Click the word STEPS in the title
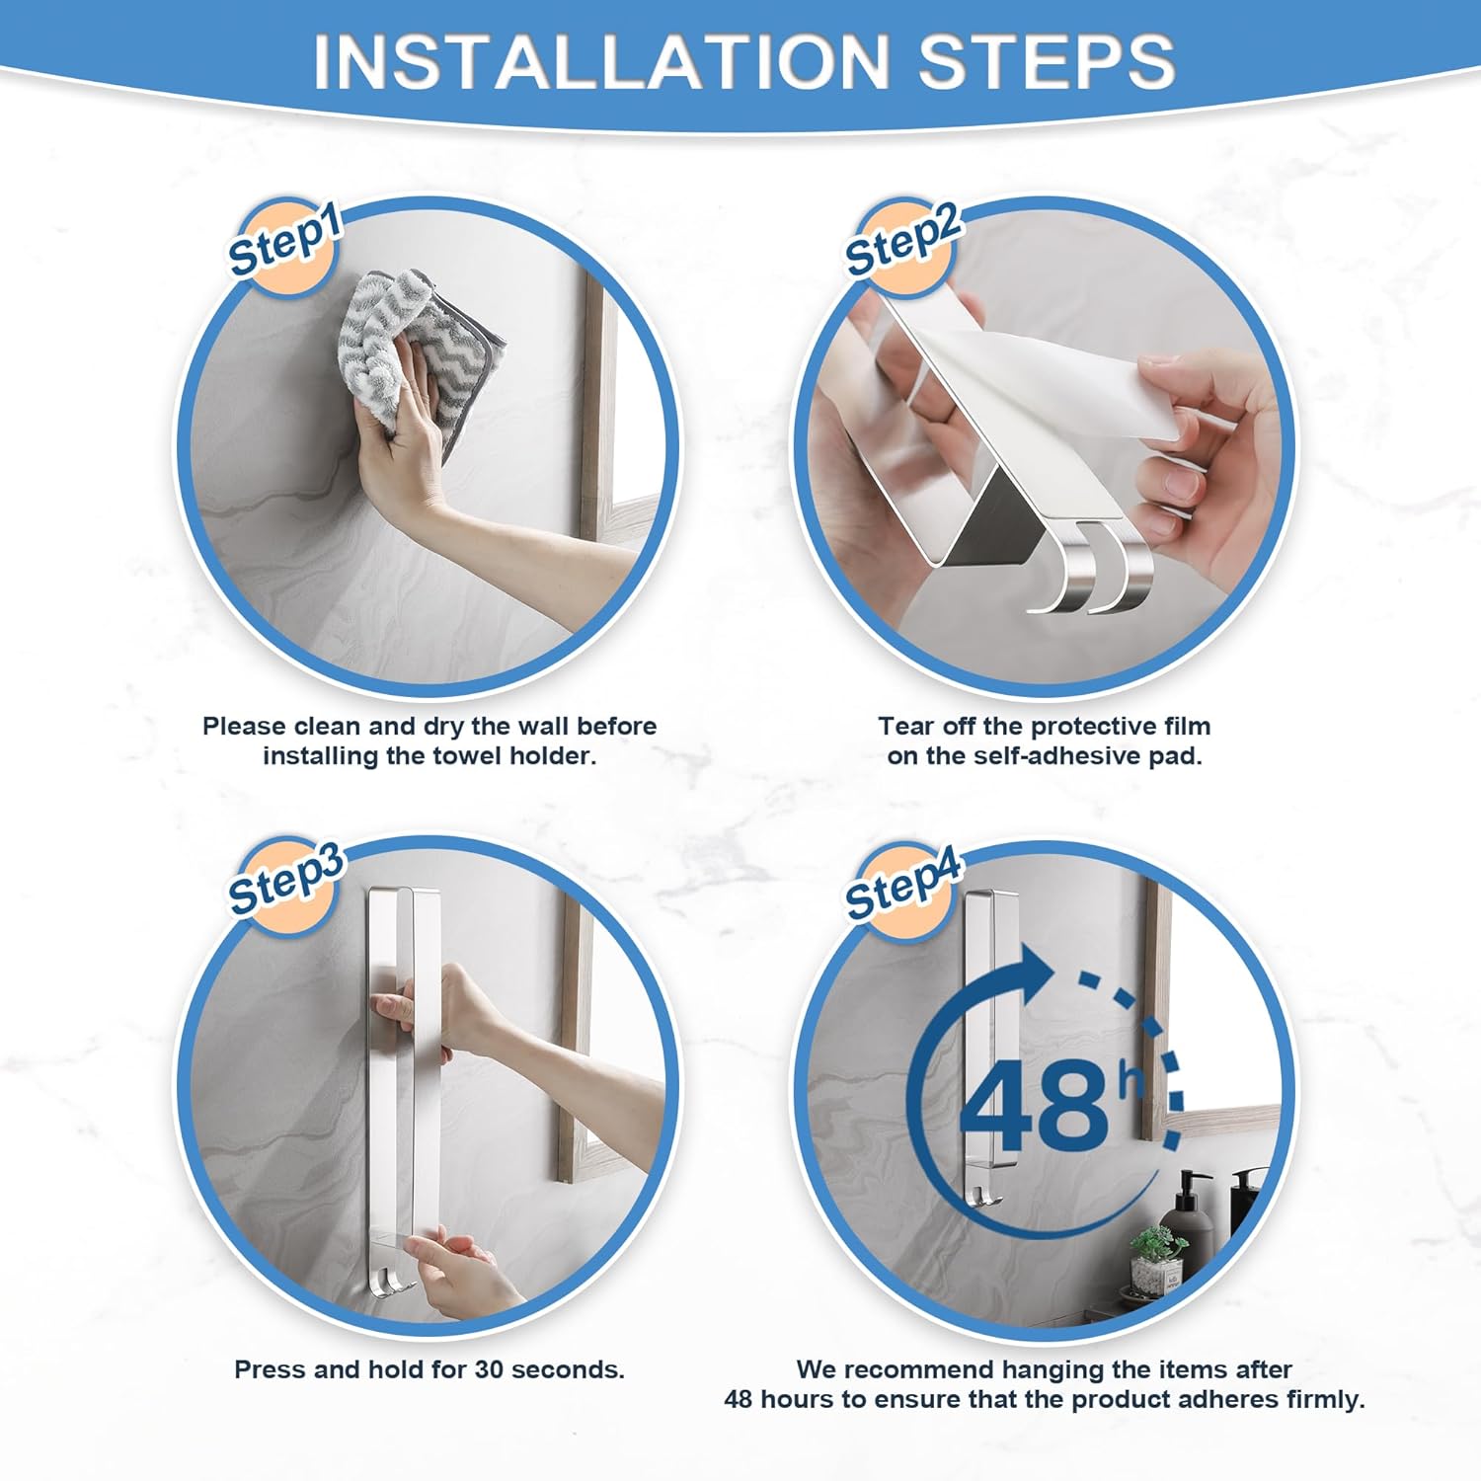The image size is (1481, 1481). click(x=1047, y=61)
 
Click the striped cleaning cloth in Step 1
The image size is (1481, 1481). click(x=415, y=351)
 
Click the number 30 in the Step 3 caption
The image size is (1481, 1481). click(x=490, y=1370)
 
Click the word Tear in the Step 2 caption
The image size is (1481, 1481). click(x=904, y=727)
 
